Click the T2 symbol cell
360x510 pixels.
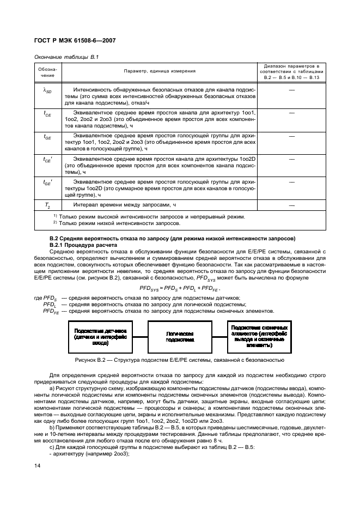click(x=47, y=205)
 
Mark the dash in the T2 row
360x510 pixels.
click(x=292, y=205)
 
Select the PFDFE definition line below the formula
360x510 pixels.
click(x=158, y=311)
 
